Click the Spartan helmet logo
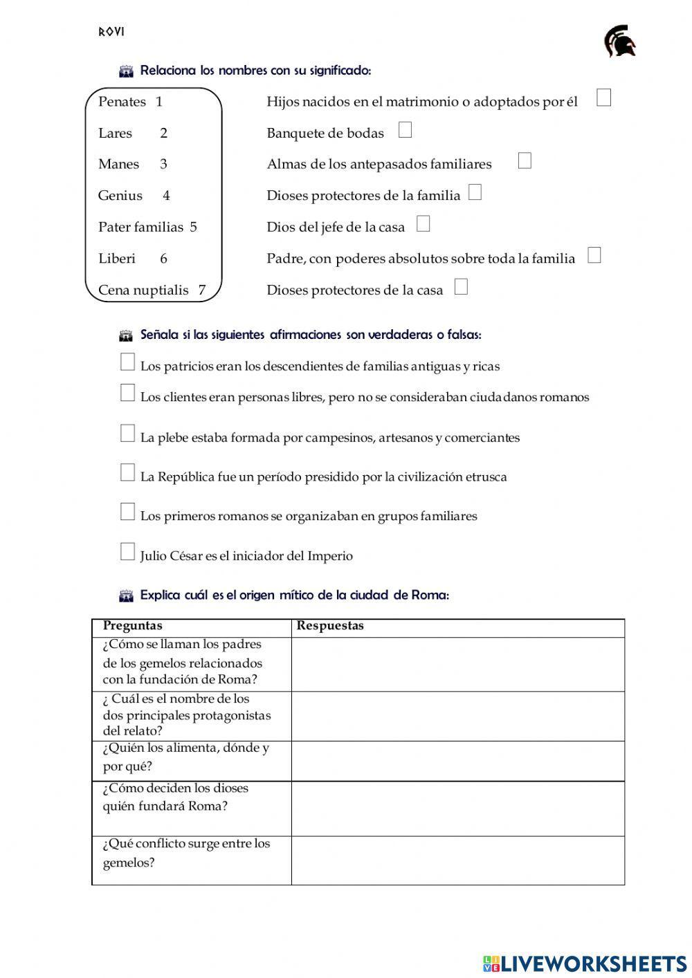pos(619,41)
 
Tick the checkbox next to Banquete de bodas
pos(405,130)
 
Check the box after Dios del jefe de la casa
pos(424,224)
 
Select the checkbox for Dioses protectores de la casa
pos(461,287)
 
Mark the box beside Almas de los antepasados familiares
pos(525,161)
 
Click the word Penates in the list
pos(122,102)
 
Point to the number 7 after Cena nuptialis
pos(202,290)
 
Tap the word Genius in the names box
pos(120,196)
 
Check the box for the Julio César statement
pos(127,552)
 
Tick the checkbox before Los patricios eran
pos(127,362)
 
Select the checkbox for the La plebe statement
pos(127,434)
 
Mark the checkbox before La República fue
pos(127,473)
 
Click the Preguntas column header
pos(133,626)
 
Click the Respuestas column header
pos(330,626)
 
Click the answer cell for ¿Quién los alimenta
pos(457,761)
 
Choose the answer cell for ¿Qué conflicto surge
pos(457,860)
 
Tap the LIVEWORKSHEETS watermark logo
pos(585,963)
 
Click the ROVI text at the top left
pos(111,32)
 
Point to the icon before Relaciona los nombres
pos(126,71)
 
